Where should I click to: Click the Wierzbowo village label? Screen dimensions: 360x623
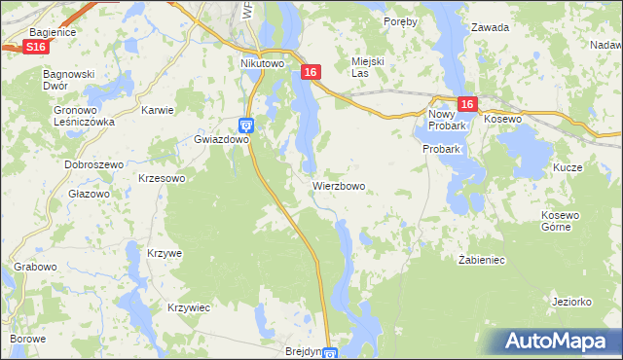[339, 185]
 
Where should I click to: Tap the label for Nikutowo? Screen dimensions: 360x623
[262, 63]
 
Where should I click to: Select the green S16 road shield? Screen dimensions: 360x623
[36, 46]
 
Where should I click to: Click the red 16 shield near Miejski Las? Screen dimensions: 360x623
[311, 72]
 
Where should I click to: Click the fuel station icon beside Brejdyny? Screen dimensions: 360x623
[330, 354]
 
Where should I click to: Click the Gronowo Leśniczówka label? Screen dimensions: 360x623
[84, 117]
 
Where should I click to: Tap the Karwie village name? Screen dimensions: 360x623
[157, 110]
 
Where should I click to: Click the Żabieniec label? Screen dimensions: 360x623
[481, 260]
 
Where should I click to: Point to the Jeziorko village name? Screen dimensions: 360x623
[571, 302]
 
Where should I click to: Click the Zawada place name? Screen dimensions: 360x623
[490, 27]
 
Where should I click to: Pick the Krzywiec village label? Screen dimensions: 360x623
[189, 307]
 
